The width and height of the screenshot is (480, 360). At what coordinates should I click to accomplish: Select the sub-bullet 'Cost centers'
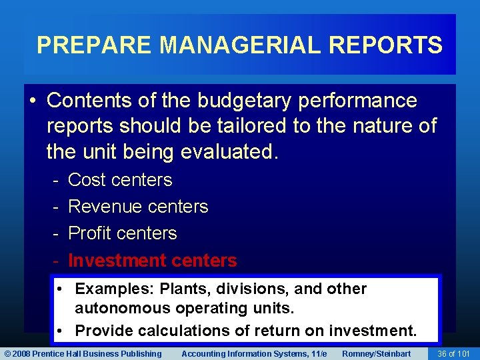(120, 180)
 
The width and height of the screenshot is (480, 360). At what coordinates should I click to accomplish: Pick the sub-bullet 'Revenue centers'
(138, 207)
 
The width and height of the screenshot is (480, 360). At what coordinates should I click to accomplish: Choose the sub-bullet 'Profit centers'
(123, 233)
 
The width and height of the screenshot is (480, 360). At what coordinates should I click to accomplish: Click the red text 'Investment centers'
(153, 260)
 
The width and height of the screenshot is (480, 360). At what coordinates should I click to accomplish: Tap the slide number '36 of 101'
(453, 353)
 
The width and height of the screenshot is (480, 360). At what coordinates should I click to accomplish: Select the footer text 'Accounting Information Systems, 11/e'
(254, 353)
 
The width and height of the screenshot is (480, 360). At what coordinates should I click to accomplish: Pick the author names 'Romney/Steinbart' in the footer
(376, 353)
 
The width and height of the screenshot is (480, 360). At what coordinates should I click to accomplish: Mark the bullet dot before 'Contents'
(33, 101)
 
